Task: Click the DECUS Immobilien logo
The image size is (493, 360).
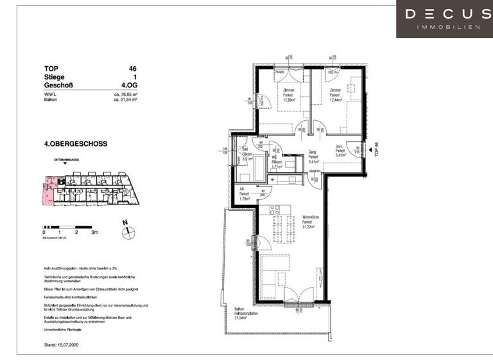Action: [444, 19]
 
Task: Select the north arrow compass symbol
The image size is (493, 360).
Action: [126, 228]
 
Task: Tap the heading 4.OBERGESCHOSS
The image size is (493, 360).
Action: [76, 144]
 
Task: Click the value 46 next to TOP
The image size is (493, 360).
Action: [132, 68]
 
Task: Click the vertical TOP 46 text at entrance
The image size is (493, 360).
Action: [377, 150]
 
